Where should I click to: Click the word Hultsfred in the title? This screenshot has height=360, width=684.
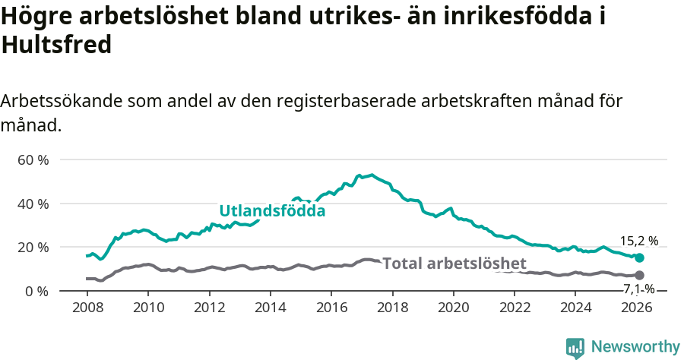click(57, 45)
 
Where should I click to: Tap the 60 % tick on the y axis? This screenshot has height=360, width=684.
click(33, 160)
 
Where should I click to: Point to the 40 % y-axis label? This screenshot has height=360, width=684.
click(33, 204)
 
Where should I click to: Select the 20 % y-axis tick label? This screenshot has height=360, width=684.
click(33, 248)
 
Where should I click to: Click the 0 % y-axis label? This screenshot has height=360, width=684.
click(36, 291)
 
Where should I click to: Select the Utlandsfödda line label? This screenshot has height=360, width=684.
click(272, 211)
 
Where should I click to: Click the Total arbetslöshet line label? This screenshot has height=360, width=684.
click(454, 264)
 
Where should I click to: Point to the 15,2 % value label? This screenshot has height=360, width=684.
click(639, 241)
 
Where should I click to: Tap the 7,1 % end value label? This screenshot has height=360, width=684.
click(639, 289)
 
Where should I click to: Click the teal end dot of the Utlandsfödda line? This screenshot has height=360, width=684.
click(639, 257)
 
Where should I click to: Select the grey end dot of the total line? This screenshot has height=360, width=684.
click(639, 275)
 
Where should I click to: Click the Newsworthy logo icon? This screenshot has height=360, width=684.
click(575, 348)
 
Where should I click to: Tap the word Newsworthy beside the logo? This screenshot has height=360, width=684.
click(635, 347)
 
